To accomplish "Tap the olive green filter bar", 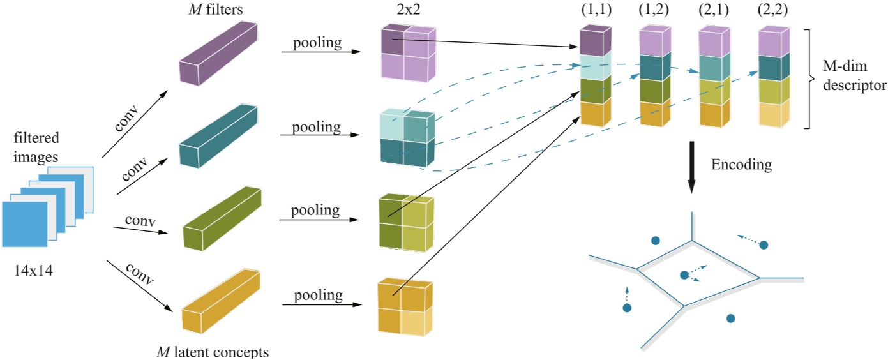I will pos(222,217).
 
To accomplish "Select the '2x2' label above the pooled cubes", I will pos(405,9).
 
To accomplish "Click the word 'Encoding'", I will pos(741,165).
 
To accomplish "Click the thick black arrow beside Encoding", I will pos(691,169).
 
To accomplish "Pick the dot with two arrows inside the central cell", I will pos(684,274).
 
